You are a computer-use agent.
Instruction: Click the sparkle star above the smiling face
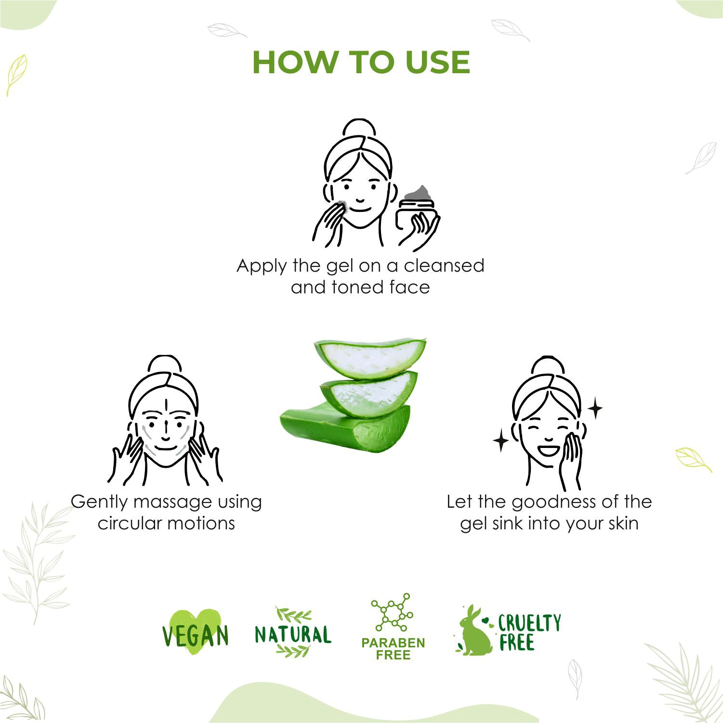click(x=595, y=408)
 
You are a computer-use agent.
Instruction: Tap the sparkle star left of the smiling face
click(x=501, y=441)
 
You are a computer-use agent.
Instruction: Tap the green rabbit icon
click(x=473, y=631)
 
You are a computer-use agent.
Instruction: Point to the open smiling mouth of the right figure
click(x=549, y=451)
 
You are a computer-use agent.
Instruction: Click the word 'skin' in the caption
click(x=623, y=523)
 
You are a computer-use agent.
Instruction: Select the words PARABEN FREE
click(x=393, y=649)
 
